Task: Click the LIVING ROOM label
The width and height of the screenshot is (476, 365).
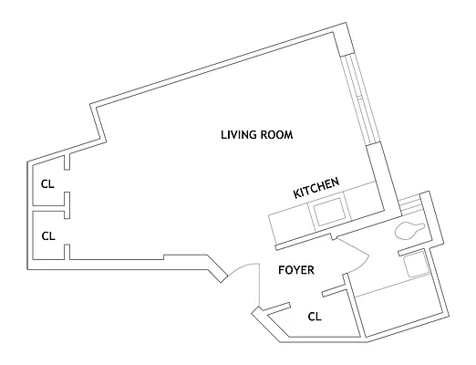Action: pyautogui.click(x=257, y=136)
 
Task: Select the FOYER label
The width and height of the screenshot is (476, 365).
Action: pyautogui.click(x=296, y=271)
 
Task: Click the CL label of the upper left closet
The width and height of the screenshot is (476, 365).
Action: pyautogui.click(x=48, y=184)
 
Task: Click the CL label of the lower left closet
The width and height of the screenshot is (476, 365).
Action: pyautogui.click(x=48, y=235)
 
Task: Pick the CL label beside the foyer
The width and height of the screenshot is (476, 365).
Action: pyautogui.click(x=314, y=318)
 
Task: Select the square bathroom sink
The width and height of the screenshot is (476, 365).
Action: pyautogui.click(x=416, y=266)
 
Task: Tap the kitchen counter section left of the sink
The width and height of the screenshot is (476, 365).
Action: pyautogui.click(x=289, y=222)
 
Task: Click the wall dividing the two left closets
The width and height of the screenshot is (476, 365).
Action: pyautogui.click(x=50, y=210)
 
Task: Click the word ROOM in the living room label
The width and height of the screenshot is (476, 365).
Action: pyautogui.click(x=277, y=136)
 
